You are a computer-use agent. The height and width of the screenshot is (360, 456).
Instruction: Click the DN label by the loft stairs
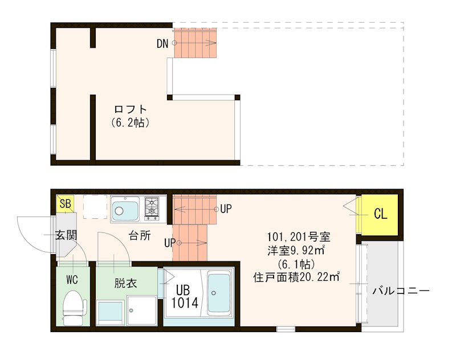[x=162, y=44]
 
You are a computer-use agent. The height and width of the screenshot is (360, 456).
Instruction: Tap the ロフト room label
[x=131, y=109]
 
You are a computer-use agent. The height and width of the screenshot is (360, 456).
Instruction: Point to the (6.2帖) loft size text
[x=131, y=122]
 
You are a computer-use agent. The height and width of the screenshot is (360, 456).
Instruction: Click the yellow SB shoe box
[x=64, y=203]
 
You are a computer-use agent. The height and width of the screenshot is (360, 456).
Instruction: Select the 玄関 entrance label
[x=66, y=235]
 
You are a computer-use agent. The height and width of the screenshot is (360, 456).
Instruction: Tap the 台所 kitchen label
[x=139, y=235]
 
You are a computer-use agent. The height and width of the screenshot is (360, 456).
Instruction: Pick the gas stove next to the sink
[x=153, y=208]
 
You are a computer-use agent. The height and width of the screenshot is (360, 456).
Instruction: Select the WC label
[x=72, y=280]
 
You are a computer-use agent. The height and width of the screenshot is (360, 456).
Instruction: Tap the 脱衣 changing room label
[x=125, y=283]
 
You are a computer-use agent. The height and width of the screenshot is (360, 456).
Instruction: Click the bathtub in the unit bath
[x=219, y=293]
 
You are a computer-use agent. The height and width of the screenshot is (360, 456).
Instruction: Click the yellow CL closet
[x=380, y=214]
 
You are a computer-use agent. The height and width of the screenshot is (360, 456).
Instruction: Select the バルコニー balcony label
[x=401, y=291]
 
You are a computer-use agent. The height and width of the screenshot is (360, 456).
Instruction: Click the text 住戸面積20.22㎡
[x=296, y=278]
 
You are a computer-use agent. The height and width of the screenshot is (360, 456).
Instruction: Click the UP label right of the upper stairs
[x=226, y=209]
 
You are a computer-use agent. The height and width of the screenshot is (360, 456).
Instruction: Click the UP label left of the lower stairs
[x=169, y=243]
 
